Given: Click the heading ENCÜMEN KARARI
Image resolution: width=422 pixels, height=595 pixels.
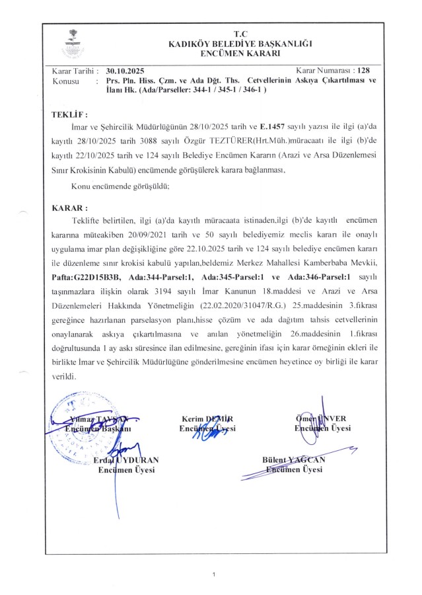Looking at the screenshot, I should point(240,52).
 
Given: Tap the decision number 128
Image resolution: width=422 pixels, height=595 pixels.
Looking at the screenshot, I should point(363,69).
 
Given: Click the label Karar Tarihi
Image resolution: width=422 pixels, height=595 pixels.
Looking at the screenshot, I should point(75,69).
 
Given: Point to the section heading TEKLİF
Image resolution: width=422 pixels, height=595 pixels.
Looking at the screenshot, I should point(69,114).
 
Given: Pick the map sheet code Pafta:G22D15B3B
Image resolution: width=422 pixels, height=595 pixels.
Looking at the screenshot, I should point(92,278).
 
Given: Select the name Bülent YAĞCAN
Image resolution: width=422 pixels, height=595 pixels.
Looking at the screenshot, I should point(293,460).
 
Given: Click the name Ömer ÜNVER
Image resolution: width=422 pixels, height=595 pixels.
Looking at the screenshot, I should point(322,418).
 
